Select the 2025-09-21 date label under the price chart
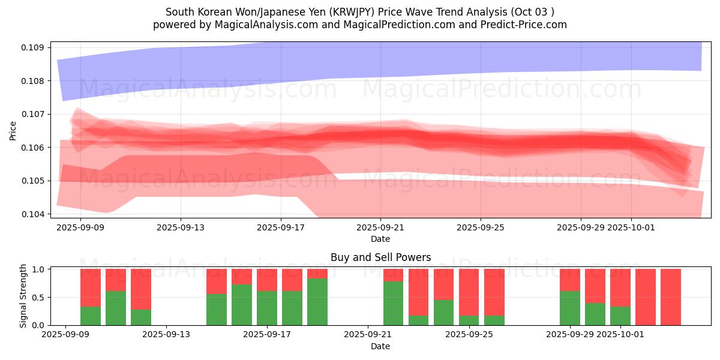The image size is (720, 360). pyautogui.click(x=380, y=227)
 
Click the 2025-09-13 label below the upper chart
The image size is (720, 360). pyautogui.click(x=181, y=227)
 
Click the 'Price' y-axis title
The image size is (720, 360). pyautogui.click(x=13, y=130)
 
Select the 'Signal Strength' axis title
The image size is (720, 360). pyautogui.click(x=23, y=296)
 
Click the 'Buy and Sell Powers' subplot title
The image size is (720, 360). pyautogui.click(x=380, y=257)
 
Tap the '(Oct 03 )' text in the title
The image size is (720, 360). pyautogui.click(x=532, y=12)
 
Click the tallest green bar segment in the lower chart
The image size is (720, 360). pyautogui.click(x=317, y=302)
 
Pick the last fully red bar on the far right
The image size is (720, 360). pyautogui.click(x=671, y=297)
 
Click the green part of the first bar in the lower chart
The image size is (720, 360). pyautogui.click(x=91, y=316)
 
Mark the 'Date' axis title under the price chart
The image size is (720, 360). pyautogui.click(x=380, y=239)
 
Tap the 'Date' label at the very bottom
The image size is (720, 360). pyautogui.click(x=380, y=346)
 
